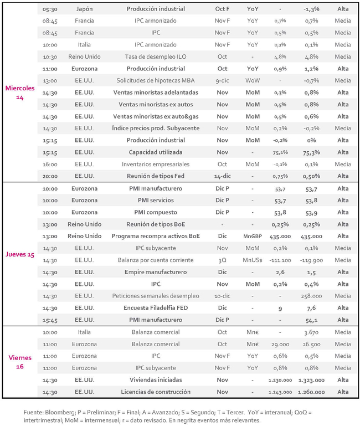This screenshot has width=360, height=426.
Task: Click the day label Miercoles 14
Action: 20,92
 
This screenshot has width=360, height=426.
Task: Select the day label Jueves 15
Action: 20,254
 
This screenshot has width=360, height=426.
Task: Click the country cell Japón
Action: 85,9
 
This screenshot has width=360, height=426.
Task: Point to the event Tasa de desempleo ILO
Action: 156,57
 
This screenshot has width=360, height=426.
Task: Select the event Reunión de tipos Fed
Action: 156,176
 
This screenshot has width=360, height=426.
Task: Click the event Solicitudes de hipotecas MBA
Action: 156,80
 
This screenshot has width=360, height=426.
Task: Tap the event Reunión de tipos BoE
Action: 156,224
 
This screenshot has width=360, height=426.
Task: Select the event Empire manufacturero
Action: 156,272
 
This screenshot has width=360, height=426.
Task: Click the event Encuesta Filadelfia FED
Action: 156,308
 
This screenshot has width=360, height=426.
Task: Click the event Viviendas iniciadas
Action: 156,380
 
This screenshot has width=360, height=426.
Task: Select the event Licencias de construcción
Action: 156,392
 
